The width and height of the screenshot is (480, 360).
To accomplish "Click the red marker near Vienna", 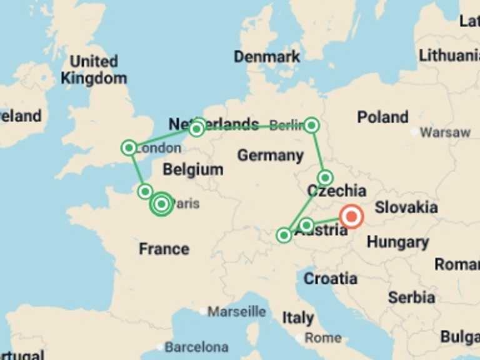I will click(x=351, y=217).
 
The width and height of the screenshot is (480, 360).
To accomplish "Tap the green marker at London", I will click(x=129, y=147).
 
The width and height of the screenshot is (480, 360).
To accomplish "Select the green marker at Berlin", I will click(x=312, y=126).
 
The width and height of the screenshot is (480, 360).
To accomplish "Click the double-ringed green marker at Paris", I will click(x=162, y=204).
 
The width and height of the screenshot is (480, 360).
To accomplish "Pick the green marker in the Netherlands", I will click(x=197, y=129).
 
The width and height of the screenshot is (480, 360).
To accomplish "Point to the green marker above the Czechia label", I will click(x=324, y=177).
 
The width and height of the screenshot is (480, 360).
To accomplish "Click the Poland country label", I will click(x=382, y=117).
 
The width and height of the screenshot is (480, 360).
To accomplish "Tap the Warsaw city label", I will click(x=445, y=132).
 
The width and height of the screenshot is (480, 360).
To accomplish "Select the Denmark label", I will click(x=267, y=57).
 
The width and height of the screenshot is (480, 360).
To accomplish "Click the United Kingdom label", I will click(x=94, y=70).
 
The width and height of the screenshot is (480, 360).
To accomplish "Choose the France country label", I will click(x=164, y=249).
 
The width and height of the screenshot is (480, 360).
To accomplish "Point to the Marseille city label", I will click(x=237, y=311).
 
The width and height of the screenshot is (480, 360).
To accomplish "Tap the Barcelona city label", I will click(x=196, y=346).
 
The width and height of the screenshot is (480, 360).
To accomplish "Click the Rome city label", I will click(x=322, y=337).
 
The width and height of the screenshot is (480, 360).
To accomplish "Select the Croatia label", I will click(x=331, y=278).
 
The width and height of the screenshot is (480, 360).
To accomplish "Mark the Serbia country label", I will click(x=411, y=297).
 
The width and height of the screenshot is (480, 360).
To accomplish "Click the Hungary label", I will click(x=397, y=242).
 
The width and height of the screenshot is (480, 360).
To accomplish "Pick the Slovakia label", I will click(x=406, y=207).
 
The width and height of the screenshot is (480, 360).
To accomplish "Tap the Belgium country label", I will click(x=192, y=169).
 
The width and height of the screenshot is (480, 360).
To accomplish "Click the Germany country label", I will click(x=271, y=155).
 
